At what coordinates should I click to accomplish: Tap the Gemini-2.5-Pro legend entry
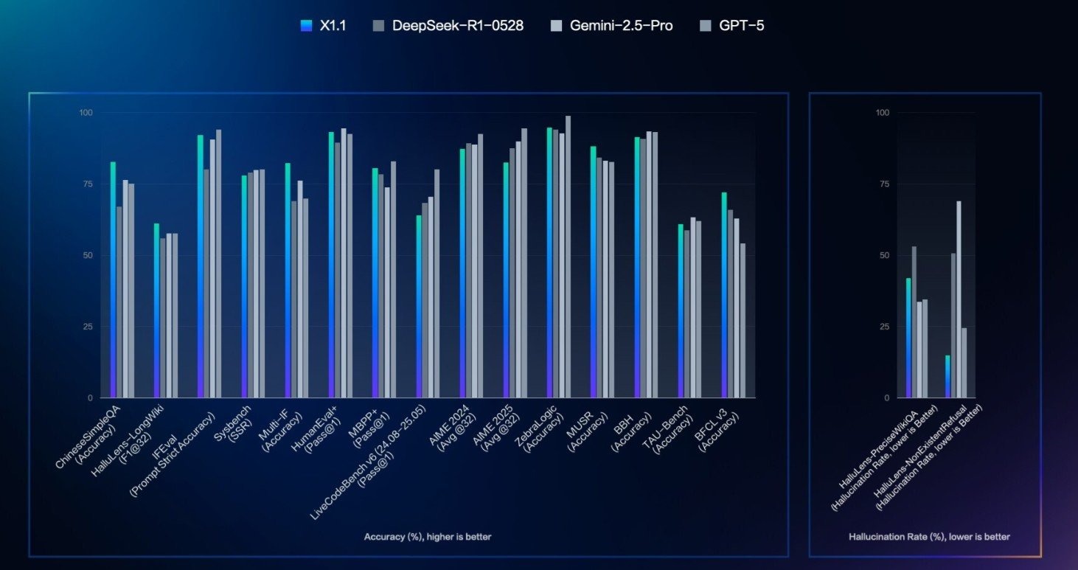[611, 26]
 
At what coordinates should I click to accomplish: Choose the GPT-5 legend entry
[733, 26]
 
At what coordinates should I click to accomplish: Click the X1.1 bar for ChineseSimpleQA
[113, 280]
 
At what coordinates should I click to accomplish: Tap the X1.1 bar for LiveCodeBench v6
[419, 306]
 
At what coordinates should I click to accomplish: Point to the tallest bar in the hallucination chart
[959, 299]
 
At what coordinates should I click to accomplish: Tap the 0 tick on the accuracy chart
[91, 398]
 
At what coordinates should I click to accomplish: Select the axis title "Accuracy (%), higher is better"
[427, 537]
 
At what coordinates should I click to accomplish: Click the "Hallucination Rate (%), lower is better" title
[929, 537]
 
